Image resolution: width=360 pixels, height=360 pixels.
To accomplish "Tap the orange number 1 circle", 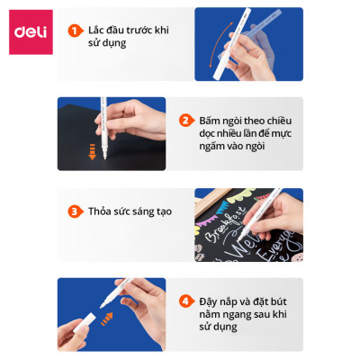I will pos(75,31).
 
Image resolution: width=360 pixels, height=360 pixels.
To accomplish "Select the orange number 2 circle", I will pos(186,121).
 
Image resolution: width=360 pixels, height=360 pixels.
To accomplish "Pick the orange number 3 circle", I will pos(75,212).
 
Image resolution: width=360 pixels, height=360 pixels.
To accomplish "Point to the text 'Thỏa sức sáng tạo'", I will pos(130,212).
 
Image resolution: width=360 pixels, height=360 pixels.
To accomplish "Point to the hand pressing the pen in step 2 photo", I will pos(126,126).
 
